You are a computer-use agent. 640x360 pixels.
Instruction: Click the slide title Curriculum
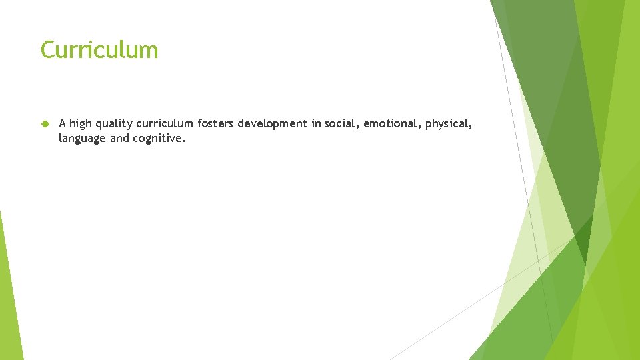[x=99, y=50]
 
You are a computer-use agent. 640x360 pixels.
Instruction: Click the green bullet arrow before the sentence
[x=45, y=123]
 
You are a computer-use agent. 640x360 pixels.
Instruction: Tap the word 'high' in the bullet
[x=80, y=123]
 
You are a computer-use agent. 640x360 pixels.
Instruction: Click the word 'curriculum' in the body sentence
[x=166, y=123]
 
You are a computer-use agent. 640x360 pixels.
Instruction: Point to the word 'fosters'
[x=215, y=123]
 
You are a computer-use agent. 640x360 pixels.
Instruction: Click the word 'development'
[x=273, y=123]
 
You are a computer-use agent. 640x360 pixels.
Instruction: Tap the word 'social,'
[x=341, y=123]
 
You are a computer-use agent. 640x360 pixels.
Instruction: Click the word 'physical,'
[x=449, y=124]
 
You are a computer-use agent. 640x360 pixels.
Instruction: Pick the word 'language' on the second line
[x=81, y=139]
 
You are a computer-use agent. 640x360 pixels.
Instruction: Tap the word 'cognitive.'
[x=159, y=139]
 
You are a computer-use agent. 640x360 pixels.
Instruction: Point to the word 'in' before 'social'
[x=316, y=123]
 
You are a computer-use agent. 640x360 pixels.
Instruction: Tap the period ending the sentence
[x=185, y=141]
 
